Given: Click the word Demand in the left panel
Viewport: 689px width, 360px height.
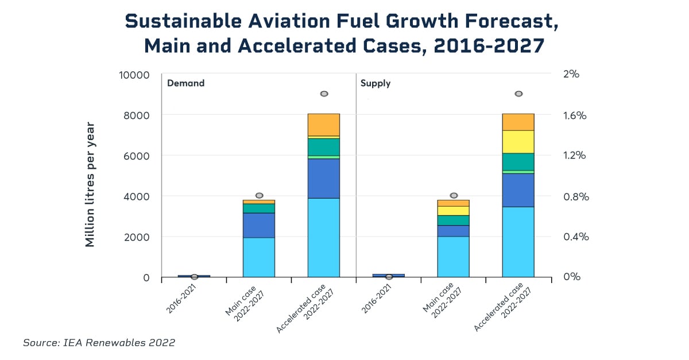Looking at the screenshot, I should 185,83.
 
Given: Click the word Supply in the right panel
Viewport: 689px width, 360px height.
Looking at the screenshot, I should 375,83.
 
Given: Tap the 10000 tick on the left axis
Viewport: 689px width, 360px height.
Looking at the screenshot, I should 133,75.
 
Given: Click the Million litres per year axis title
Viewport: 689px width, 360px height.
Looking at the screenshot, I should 90,184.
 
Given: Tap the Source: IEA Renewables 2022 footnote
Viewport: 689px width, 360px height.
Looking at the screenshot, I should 99,343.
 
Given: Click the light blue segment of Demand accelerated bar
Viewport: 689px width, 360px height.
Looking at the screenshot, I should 323,237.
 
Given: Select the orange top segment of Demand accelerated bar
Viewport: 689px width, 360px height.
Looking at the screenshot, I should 323,125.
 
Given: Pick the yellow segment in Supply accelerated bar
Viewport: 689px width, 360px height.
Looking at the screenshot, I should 518,142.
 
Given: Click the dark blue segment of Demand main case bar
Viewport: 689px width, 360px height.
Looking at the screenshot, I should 258,225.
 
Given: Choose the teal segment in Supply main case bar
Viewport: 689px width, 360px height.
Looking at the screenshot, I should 453,220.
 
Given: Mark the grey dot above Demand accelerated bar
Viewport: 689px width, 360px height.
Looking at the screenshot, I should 324,94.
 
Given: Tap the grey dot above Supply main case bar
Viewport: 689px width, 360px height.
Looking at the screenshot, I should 454,196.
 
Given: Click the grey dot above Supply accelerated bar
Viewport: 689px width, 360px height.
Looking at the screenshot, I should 518,94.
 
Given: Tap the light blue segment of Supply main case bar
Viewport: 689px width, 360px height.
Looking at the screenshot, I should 453,256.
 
